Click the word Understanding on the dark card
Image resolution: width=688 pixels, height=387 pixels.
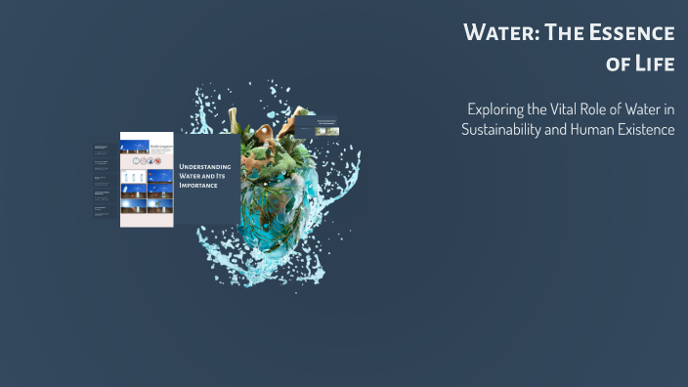(204, 167)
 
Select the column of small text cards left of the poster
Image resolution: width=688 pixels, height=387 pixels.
(102, 181)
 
